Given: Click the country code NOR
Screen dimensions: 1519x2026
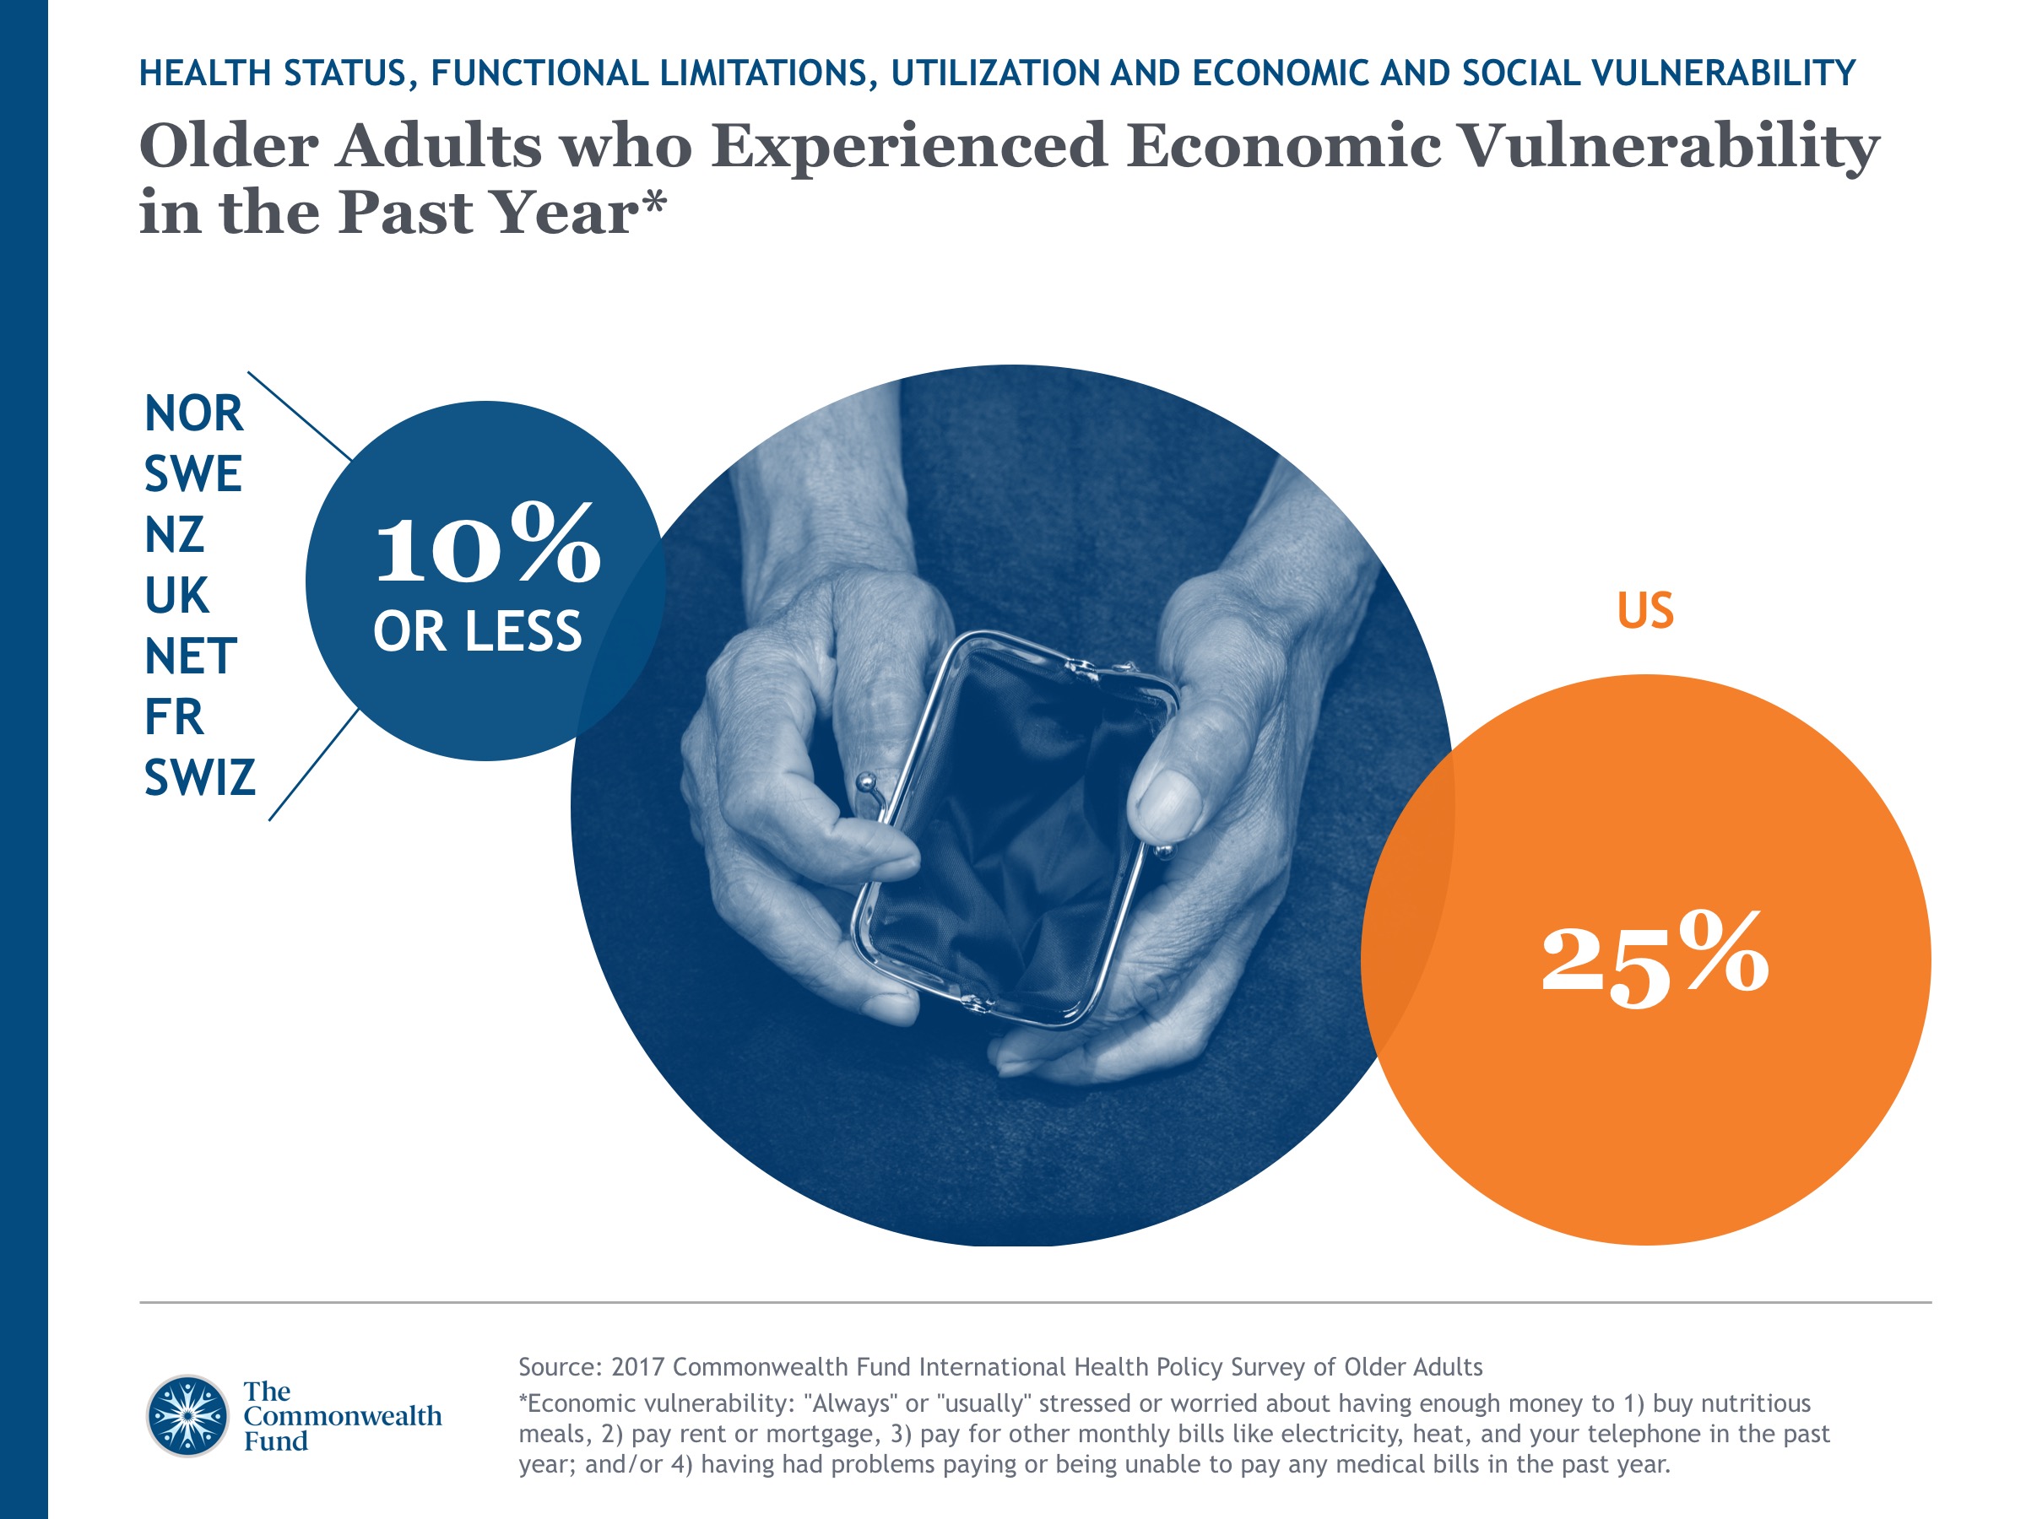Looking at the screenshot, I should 193,414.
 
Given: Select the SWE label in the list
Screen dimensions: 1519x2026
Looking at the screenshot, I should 192,474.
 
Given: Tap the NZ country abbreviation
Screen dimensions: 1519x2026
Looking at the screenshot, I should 174,535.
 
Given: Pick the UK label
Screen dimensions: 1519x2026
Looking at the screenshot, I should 176,596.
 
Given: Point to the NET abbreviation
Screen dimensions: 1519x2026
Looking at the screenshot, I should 191,657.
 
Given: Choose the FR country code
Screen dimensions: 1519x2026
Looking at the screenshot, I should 173,717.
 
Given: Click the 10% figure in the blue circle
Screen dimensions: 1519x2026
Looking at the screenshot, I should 487,546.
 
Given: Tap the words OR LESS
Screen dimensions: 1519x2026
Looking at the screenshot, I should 477,632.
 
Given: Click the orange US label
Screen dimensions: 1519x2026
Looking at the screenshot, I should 1645,611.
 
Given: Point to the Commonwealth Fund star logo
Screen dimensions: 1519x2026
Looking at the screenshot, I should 187,1415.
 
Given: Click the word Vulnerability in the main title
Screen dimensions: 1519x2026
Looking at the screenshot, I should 1667,147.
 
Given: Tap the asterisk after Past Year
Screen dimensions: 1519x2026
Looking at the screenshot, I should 654,203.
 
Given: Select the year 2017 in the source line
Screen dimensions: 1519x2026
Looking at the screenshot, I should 638,1367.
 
